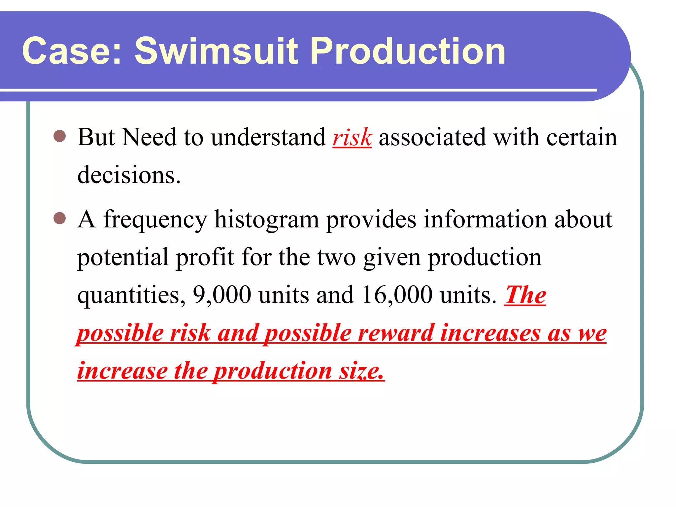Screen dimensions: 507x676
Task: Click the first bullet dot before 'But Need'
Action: (x=60, y=136)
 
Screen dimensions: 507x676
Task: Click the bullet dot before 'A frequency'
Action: (x=60, y=218)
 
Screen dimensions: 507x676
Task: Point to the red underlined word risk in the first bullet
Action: (x=352, y=137)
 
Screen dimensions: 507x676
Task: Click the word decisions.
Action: (x=129, y=175)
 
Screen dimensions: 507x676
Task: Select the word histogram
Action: (x=267, y=220)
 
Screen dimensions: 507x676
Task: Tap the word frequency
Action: (x=155, y=220)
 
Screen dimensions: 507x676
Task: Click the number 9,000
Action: (x=222, y=295)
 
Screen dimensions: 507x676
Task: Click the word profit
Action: (x=205, y=257)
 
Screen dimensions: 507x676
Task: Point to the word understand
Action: (x=268, y=137)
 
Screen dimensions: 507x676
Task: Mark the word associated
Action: (x=432, y=137)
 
